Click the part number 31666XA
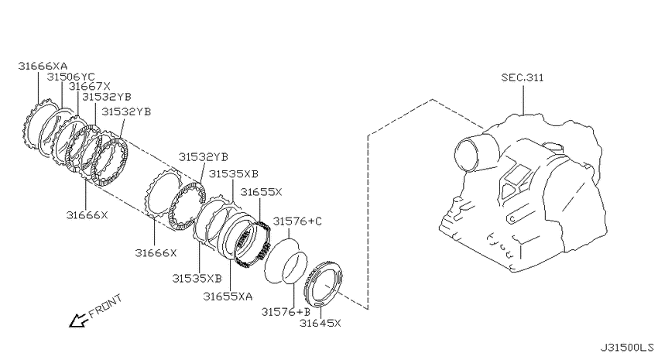point(43,66)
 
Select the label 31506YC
point(71,77)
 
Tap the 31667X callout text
point(89,87)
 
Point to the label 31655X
point(261,192)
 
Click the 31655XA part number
point(228,297)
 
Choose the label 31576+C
point(297,221)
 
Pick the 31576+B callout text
point(286,312)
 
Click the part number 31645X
point(320,323)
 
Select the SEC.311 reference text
point(523,77)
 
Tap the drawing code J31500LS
point(626,348)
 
